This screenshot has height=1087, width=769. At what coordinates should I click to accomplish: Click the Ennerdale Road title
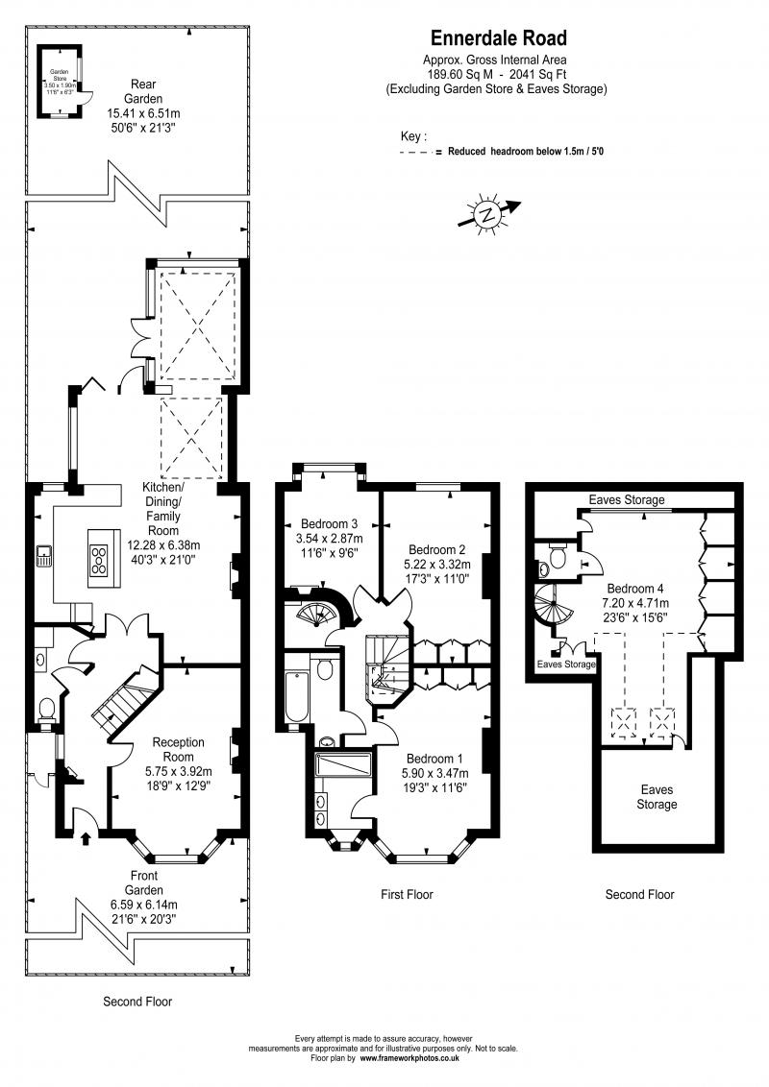(x=497, y=38)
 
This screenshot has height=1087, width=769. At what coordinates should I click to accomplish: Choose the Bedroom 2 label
(x=437, y=550)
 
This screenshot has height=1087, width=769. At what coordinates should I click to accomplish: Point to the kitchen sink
(x=44, y=556)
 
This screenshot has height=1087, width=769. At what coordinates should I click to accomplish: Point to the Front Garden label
(x=141, y=890)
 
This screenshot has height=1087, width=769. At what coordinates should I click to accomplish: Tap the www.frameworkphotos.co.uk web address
(x=409, y=1059)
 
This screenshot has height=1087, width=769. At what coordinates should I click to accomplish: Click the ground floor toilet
(x=44, y=709)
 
